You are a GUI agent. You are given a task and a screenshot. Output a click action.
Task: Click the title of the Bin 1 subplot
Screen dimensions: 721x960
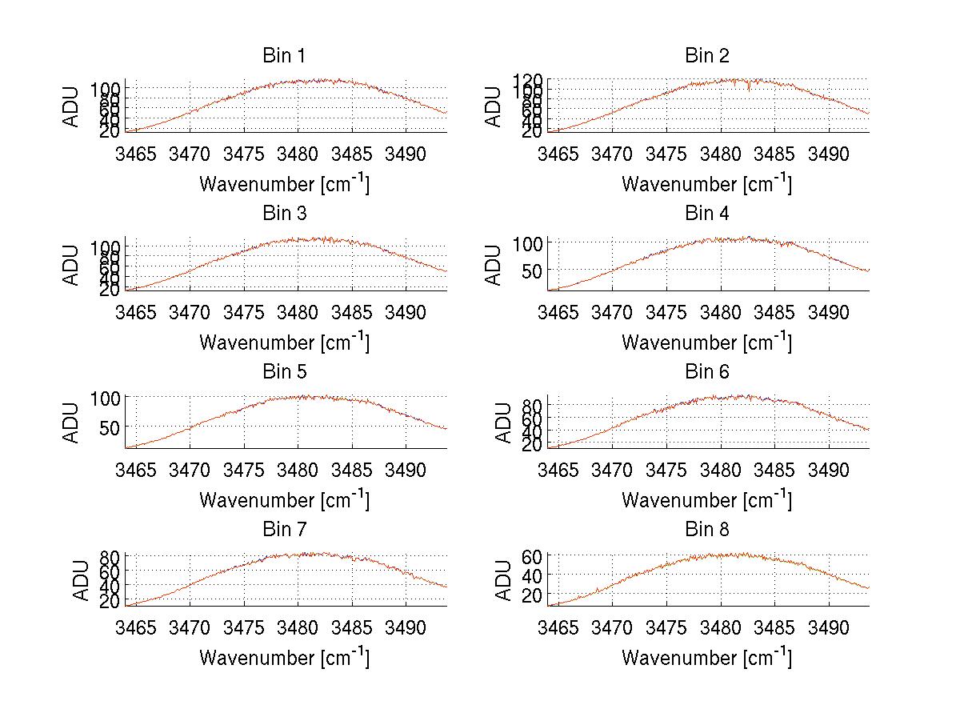(284, 56)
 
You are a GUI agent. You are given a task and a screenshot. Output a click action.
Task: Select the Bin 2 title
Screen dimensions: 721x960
(707, 56)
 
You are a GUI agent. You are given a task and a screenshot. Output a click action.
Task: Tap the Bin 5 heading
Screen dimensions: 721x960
(284, 372)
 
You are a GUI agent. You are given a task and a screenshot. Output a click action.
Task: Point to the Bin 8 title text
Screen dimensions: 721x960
(707, 530)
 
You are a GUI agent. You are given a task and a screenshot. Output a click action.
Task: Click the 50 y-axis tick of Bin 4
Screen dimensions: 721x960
(529, 270)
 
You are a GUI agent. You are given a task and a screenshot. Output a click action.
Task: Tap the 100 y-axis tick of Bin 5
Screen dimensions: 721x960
(106, 398)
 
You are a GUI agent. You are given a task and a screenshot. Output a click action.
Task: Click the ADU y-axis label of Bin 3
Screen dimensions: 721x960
(72, 264)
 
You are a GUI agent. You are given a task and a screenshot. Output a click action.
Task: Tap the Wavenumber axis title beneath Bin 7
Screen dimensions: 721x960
(284, 657)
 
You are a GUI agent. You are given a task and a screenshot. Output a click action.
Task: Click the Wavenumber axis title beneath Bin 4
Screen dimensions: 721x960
(706, 342)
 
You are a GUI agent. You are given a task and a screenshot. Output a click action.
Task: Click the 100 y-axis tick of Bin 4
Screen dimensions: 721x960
(524, 242)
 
